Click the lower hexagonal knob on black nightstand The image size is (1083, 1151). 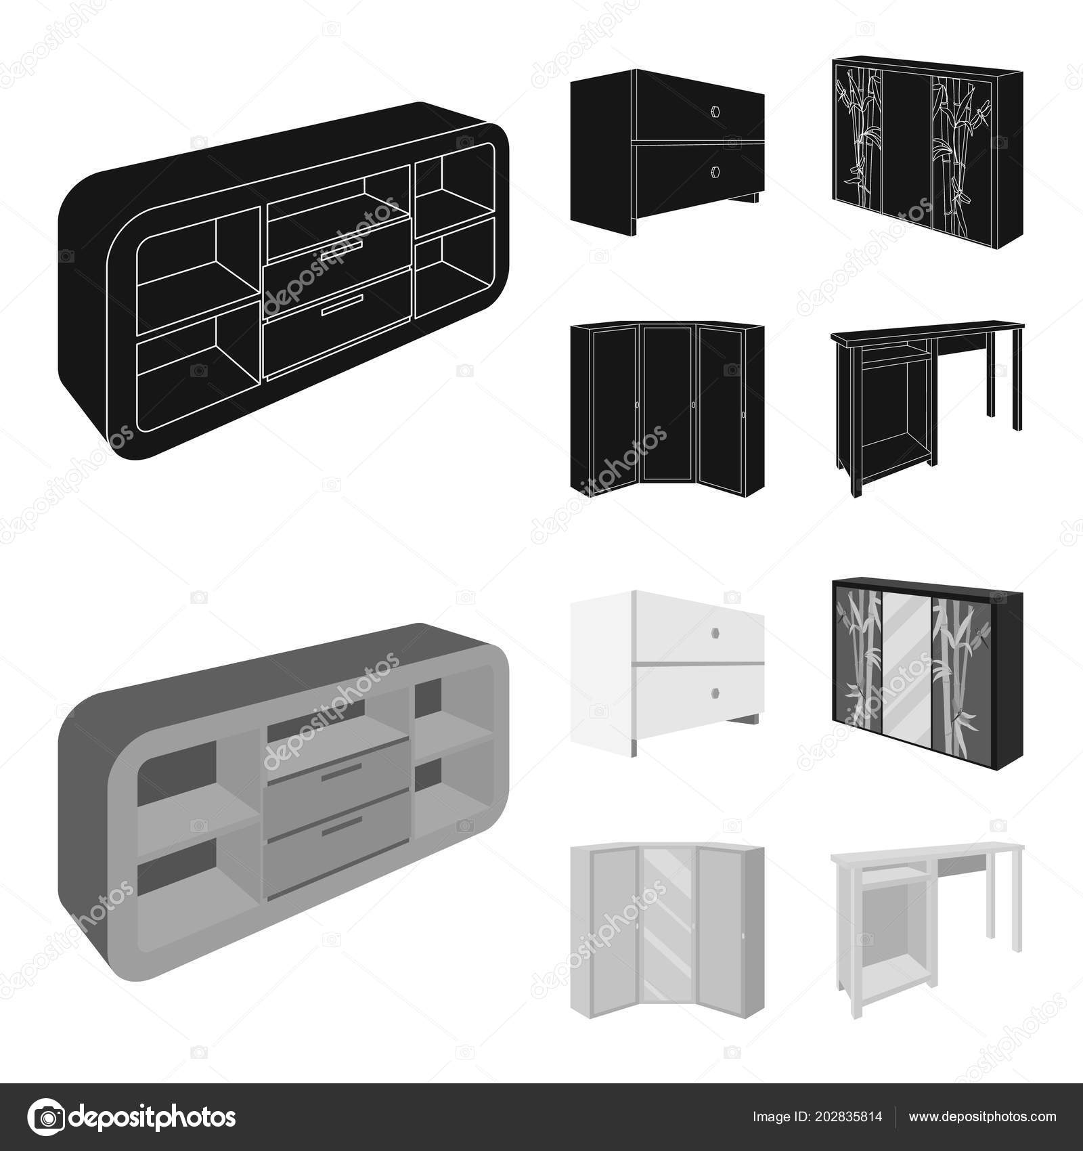click(716, 171)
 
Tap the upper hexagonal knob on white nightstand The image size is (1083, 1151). click(716, 630)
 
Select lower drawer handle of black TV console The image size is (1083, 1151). click(342, 304)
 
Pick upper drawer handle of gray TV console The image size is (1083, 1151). click(342, 771)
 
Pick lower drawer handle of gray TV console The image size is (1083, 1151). click(342, 825)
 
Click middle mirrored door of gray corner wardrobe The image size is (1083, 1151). click(667, 931)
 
